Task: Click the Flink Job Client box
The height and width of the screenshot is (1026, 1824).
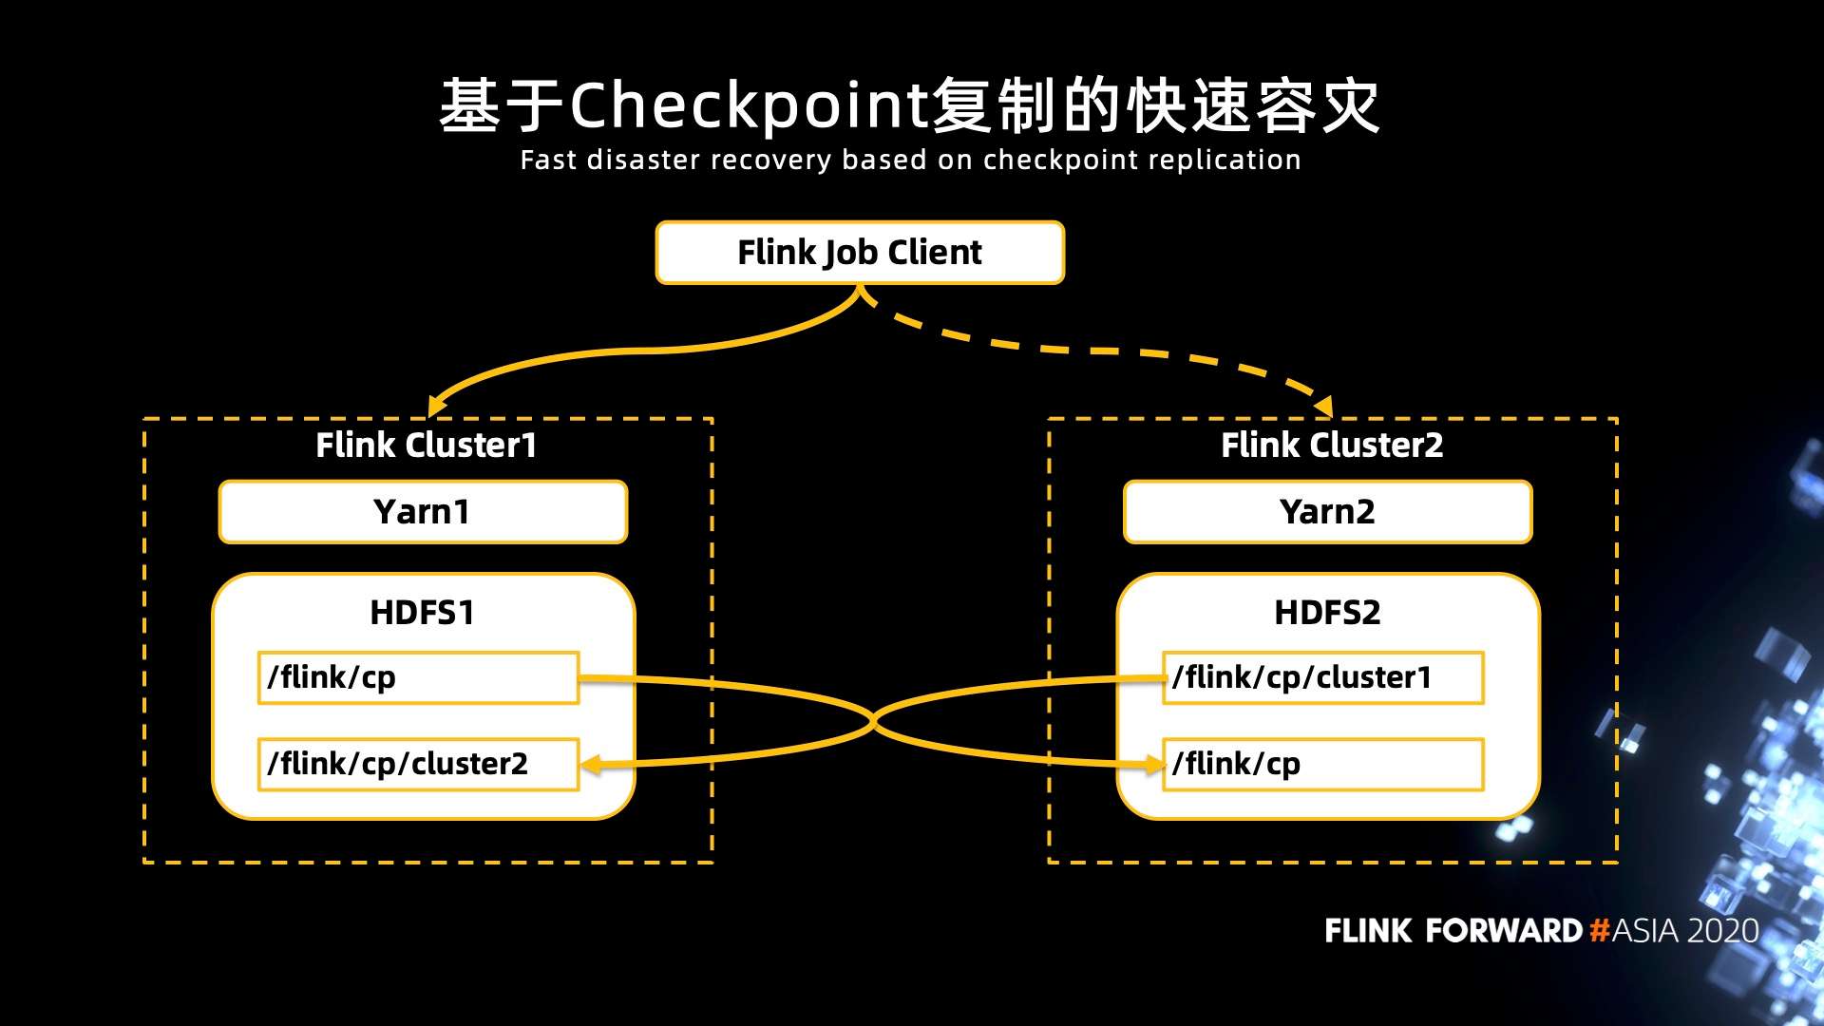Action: coord(860,253)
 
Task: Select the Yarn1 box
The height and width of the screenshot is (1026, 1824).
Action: coord(423,512)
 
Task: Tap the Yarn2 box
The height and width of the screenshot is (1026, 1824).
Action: coord(1327,512)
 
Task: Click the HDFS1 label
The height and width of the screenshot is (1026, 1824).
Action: coord(422,613)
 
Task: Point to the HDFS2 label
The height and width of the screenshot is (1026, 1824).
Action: coord(1327,613)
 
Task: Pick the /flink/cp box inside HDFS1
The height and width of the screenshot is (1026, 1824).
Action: coord(418,677)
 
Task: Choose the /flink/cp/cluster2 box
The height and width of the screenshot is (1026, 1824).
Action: coord(418,764)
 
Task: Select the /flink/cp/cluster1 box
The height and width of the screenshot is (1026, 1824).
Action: coord(1322,677)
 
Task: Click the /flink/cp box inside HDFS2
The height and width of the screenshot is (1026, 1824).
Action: coord(1322,764)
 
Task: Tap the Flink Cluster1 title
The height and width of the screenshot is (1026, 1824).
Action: coord(426,445)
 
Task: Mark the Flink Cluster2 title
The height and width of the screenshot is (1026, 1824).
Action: coord(1332,445)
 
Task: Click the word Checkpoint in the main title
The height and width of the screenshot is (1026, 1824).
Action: coord(749,104)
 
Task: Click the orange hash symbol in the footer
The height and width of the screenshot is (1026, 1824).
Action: coord(1599,930)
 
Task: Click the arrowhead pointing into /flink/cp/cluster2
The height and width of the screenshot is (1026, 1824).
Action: coord(591,764)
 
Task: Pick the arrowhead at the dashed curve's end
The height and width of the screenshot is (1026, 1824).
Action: coord(1324,407)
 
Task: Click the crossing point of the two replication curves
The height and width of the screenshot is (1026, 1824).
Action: coord(872,722)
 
